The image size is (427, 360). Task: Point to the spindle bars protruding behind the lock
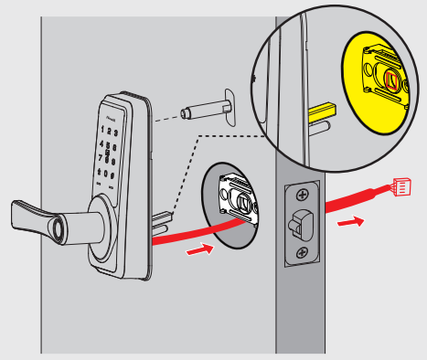point(159,221)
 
